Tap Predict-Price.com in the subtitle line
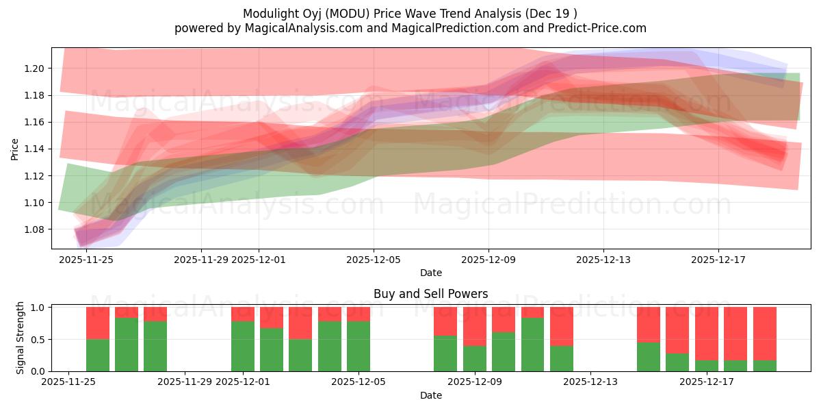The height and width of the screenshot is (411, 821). pos(600,28)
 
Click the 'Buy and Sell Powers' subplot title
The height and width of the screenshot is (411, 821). pos(430,294)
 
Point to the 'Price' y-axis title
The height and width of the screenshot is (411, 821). pos(15,149)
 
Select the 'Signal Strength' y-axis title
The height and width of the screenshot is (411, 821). pos(21,338)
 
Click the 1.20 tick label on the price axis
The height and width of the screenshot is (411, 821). pos(34,68)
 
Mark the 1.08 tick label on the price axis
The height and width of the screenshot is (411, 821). pos(34,229)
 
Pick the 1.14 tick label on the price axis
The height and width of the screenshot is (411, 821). pos(34,149)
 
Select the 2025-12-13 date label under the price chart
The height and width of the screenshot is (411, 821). pos(603,260)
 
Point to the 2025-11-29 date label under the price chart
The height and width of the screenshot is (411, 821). pos(200,260)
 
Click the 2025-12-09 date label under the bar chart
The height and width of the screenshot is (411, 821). pos(475,382)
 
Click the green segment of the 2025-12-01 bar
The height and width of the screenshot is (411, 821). pos(243,346)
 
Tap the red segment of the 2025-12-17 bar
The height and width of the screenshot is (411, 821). pos(707,333)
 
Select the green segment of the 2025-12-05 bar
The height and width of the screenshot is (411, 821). pos(359,346)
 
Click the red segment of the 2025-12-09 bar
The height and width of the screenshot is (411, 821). pos(475,326)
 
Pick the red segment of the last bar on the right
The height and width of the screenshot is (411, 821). pos(765,333)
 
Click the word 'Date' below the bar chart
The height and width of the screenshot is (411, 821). pos(430,395)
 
